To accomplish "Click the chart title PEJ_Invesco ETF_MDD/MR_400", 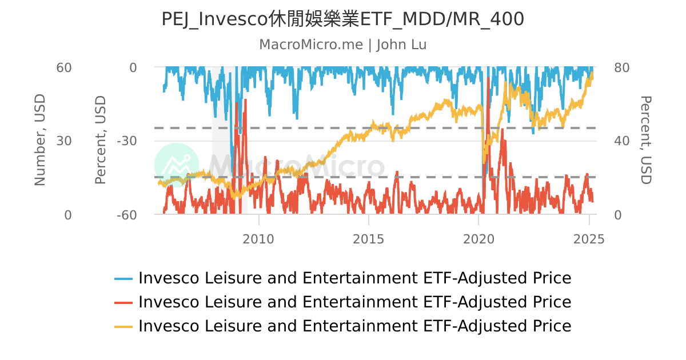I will point(342,19).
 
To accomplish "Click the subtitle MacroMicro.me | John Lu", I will point(342,45).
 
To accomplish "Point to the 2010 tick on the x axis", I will point(258,238).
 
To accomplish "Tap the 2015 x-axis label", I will point(369,238).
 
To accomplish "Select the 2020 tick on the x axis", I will point(479,238).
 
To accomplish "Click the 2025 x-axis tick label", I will point(589,238).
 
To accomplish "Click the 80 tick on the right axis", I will point(621,67).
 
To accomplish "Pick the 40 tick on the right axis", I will point(621,141).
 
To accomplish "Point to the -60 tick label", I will point(126,215).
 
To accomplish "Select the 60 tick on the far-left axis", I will point(63,67).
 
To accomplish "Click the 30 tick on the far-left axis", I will point(63,141).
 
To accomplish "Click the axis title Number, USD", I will point(39,141).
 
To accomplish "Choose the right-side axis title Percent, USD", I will point(645,141).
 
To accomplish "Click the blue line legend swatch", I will point(123,279).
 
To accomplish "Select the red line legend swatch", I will point(123,302).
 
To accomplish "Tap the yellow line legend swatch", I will point(123,326).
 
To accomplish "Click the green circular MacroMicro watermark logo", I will point(177,165).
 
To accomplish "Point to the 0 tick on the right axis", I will point(617,215).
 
